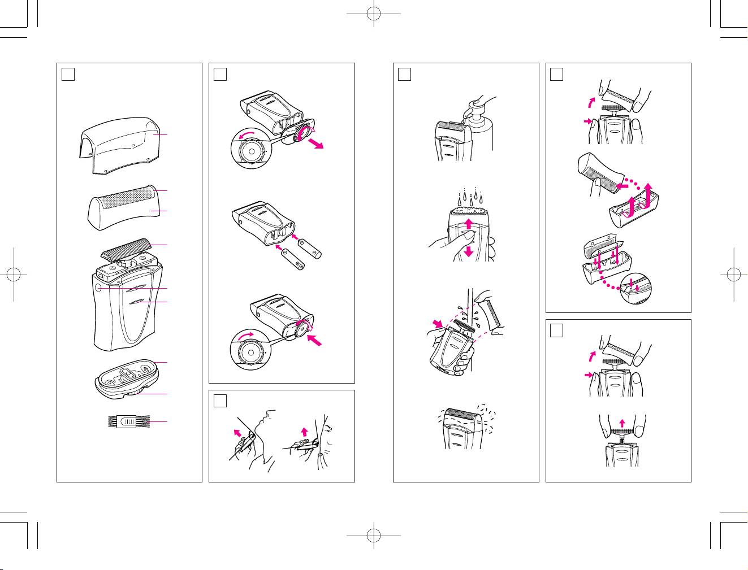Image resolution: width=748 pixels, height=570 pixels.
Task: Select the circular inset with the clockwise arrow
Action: coord(250,351)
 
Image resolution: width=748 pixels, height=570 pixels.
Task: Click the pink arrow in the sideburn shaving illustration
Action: coord(304,432)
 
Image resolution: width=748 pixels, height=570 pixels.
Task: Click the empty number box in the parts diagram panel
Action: coord(67,73)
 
